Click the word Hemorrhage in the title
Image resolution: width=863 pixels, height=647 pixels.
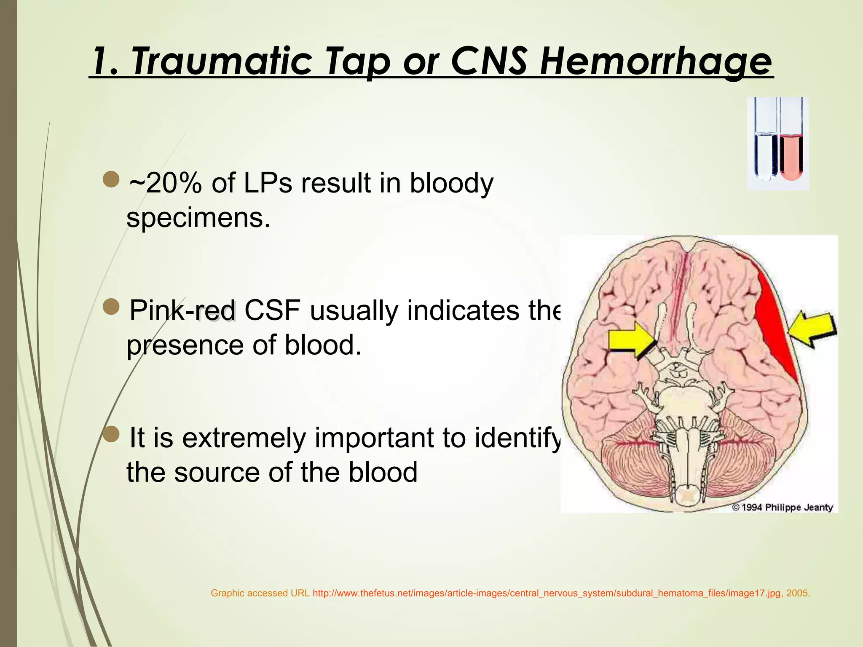coord(656,61)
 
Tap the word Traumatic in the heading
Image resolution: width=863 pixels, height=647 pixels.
coord(222,61)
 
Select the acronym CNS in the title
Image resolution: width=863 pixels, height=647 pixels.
coord(488,61)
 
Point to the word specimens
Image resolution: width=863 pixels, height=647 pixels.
coord(198,218)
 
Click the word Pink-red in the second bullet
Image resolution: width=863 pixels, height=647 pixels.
coord(182,310)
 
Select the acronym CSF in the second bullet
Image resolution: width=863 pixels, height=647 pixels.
coord(272,310)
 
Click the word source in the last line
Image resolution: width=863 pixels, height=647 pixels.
coord(217,472)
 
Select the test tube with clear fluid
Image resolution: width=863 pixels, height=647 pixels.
coord(766,156)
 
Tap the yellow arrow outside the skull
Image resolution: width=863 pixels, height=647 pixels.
coord(813,329)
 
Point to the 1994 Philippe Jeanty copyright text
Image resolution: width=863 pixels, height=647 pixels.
coord(783,507)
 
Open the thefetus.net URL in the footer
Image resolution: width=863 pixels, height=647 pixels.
coord(547,593)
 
